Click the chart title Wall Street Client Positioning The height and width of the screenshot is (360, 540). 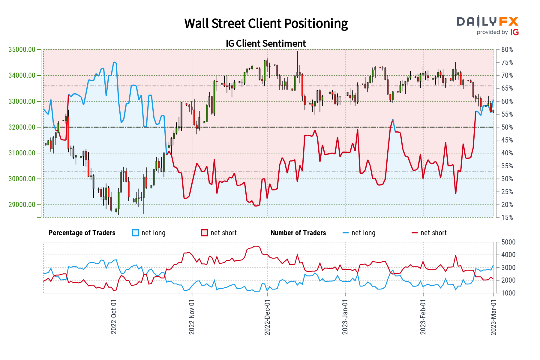(x=266, y=24)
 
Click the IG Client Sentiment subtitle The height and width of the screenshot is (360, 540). (x=266, y=44)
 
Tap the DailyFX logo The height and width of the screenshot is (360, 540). (x=487, y=22)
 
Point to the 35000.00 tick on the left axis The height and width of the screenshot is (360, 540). (x=22, y=49)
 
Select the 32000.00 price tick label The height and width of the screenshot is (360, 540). (x=22, y=127)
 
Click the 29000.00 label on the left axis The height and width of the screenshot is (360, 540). (x=22, y=205)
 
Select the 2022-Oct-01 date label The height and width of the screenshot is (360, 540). (x=114, y=316)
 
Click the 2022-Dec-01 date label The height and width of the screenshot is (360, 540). (x=267, y=316)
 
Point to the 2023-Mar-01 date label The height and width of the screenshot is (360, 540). (x=493, y=316)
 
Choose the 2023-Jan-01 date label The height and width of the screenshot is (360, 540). (x=345, y=316)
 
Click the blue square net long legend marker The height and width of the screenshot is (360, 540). (x=136, y=233)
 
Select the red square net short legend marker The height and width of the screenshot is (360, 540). (x=205, y=233)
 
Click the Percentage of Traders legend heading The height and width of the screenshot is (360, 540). (x=82, y=233)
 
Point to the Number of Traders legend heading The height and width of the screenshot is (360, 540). (x=298, y=233)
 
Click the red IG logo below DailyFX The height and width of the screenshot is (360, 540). (x=514, y=32)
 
